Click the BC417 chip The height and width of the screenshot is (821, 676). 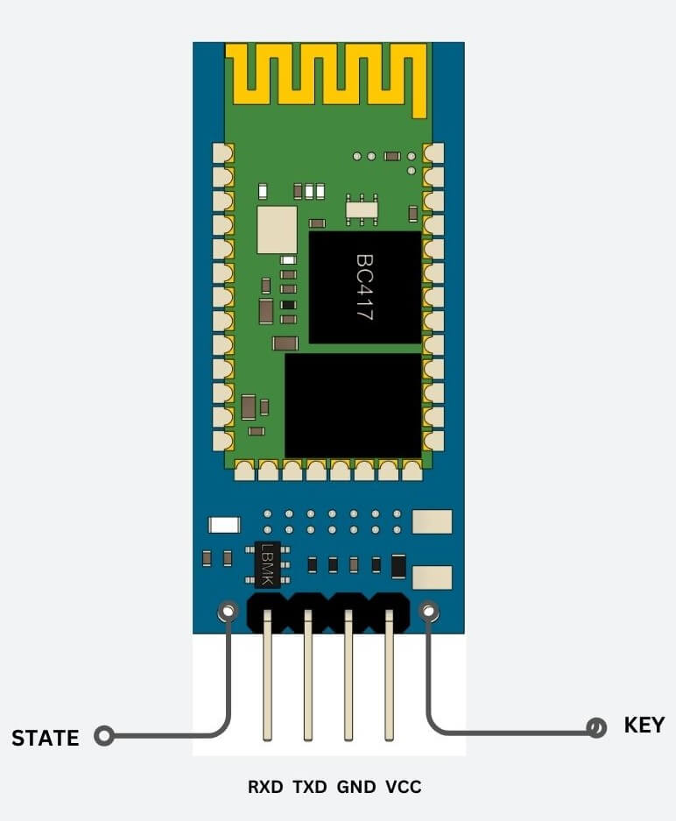[365, 287]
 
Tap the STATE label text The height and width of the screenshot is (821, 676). [46, 738]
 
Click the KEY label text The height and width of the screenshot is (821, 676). [644, 725]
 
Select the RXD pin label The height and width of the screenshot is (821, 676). [265, 787]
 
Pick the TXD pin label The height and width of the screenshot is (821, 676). [309, 787]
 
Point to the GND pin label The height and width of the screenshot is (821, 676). [356, 787]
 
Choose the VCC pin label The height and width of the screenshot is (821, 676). [403, 787]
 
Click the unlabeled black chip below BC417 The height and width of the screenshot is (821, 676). [353, 405]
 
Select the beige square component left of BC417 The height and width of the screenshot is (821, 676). [277, 230]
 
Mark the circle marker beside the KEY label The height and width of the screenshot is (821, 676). [597, 727]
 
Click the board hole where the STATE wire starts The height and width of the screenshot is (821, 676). [228, 610]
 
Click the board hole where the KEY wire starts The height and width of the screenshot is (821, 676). [428, 611]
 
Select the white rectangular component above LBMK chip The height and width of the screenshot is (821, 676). [224, 525]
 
